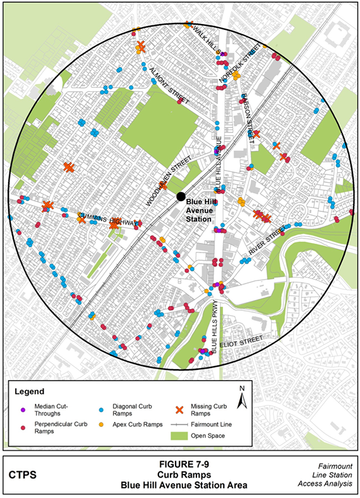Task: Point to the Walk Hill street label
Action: (207, 39)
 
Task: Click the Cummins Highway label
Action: (108, 219)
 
